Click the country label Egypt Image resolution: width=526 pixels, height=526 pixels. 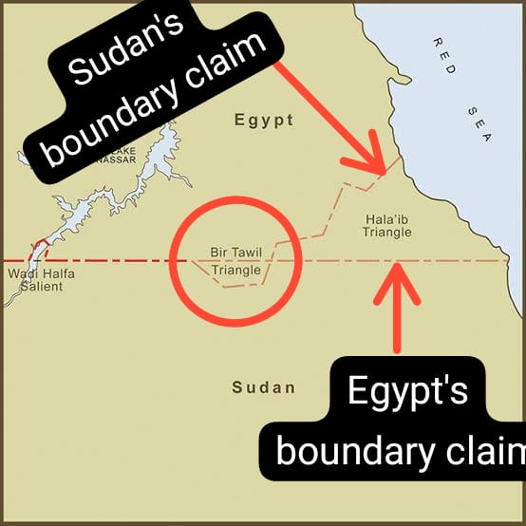pyautogui.click(x=263, y=121)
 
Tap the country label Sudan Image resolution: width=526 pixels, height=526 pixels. pyautogui.click(x=263, y=387)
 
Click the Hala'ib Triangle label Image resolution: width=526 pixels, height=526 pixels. pyautogui.click(x=388, y=225)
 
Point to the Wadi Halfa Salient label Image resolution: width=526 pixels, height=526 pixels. pyautogui.click(x=41, y=280)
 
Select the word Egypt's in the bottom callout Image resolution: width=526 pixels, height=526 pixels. pyautogui.click(x=407, y=391)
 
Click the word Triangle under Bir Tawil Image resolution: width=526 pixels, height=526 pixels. pyautogui.click(x=235, y=271)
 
